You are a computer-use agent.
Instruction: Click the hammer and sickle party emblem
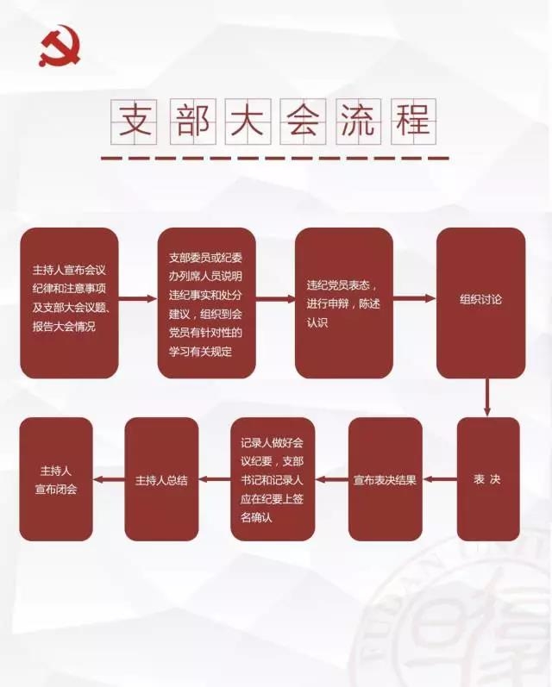point(58,46)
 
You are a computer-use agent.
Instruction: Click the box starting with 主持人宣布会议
point(69,303)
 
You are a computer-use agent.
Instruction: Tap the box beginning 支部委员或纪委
point(207,303)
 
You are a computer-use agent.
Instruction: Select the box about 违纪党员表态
point(344,303)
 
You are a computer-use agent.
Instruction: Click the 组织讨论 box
point(480,303)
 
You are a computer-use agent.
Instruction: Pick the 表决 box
point(487,479)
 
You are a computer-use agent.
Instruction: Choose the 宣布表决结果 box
point(386,479)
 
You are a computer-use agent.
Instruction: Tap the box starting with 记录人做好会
point(273,479)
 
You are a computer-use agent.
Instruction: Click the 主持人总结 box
point(161,479)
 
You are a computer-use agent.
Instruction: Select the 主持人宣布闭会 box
point(56,479)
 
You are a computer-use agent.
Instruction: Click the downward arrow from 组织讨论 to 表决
point(487,397)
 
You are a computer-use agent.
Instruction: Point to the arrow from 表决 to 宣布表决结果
point(440,479)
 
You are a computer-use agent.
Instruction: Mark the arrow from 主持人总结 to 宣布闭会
point(109,479)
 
